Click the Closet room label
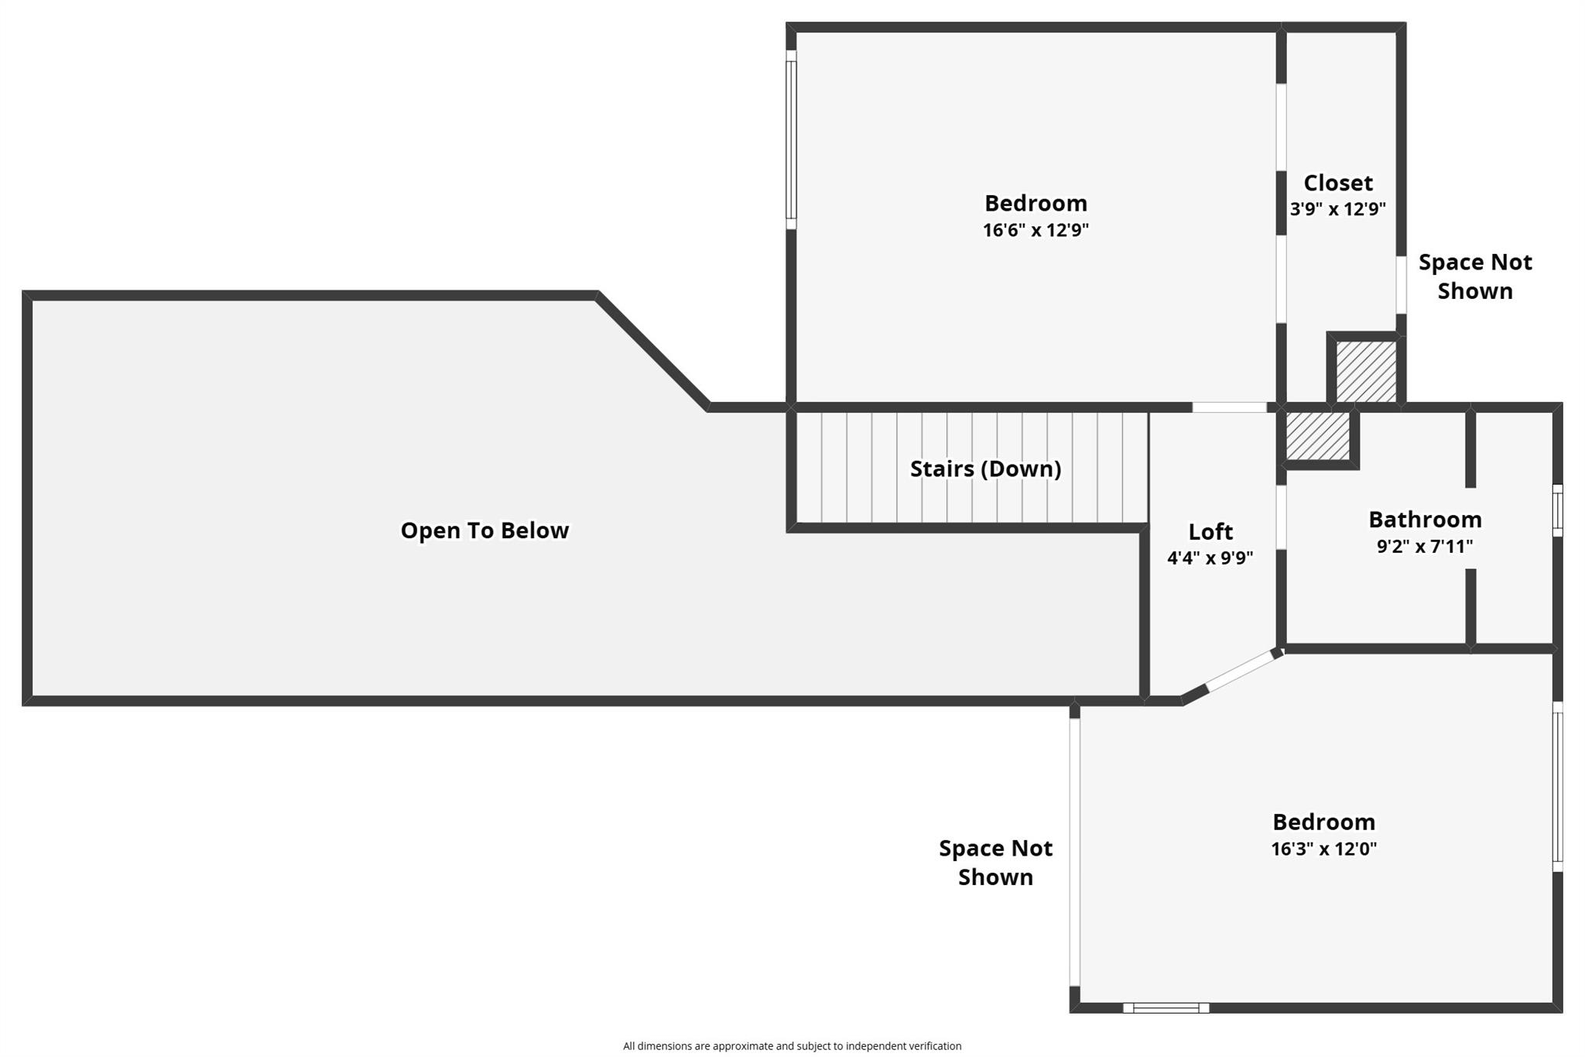click(x=1338, y=183)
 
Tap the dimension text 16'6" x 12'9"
click(x=1036, y=230)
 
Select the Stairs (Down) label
click(x=985, y=468)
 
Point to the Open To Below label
click(x=484, y=530)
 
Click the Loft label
click(x=1210, y=532)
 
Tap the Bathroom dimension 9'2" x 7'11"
click(x=1425, y=546)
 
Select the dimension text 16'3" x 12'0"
click(x=1324, y=849)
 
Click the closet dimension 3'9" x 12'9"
click(x=1338, y=209)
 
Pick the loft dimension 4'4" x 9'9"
click(x=1210, y=558)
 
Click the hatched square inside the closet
click(x=1367, y=372)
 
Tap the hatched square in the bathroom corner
click(x=1318, y=435)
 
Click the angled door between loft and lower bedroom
click(x=1241, y=671)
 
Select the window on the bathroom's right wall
click(x=1558, y=510)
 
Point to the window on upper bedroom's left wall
click(x=791, y=139)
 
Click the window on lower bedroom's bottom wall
click(x=1166, y=1007)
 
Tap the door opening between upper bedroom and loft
click(x=1230, y=407)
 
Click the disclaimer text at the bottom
click(x=792, y=1046)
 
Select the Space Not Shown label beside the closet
click(x=1475, y=276)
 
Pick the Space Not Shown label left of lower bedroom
click(x=996, y=863)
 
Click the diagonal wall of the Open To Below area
click(x=652, y=352)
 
